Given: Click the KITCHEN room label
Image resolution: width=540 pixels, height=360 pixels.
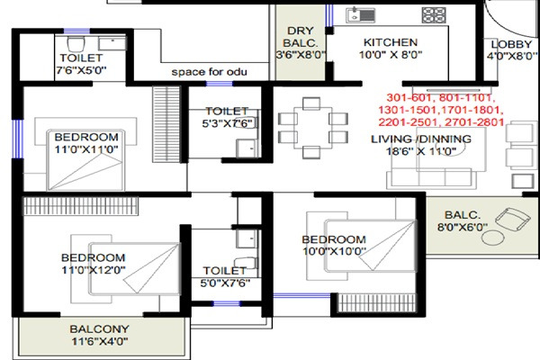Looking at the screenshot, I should pos(390,42).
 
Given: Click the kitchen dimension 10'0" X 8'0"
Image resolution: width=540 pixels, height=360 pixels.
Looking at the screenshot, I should pos(391,55).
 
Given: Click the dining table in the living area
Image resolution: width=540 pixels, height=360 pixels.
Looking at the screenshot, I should pos(312,127).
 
